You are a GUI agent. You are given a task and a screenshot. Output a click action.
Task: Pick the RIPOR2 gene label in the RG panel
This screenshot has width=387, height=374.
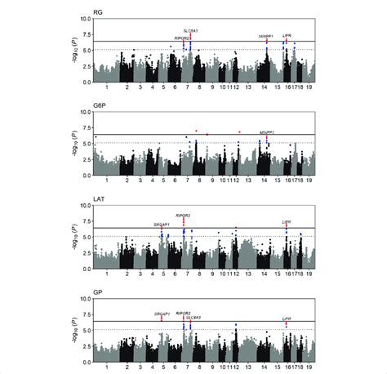click(x=182, y=38)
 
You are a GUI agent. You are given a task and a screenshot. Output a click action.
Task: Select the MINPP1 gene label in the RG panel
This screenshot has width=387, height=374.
click(x=265, y=37)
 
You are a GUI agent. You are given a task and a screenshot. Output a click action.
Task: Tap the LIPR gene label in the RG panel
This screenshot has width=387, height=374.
click(x=287, y=36)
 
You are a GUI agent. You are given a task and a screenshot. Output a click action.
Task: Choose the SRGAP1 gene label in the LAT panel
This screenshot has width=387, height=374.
click(x=162, y=223)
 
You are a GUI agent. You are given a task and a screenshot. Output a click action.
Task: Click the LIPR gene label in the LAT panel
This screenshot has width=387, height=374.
click(x=287, y=221)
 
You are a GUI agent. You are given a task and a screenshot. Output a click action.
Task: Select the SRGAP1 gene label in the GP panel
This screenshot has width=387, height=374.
click(x=162, y=314)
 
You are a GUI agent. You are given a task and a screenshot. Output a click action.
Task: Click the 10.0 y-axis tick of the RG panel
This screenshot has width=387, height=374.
click(x=85, y=18)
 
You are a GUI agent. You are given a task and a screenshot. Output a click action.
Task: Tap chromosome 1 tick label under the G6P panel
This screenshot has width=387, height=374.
click(x=106, y=180)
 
